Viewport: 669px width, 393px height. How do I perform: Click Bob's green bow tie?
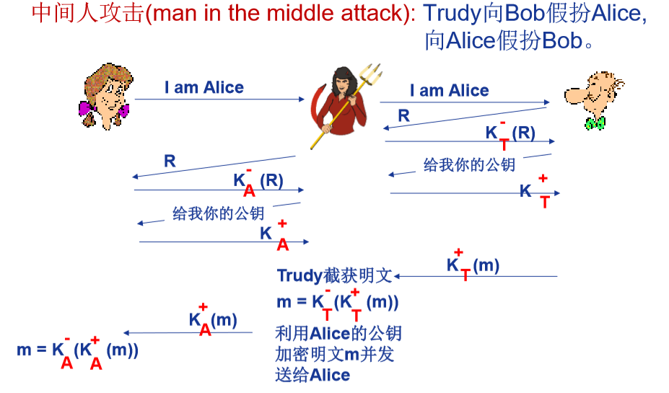(x=595, y=123)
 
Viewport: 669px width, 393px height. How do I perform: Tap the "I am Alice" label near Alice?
(x=204, y=88)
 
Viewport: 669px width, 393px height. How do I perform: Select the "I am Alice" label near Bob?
(x=449, y=91)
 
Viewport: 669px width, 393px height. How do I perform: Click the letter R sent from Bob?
(x=403, y=115)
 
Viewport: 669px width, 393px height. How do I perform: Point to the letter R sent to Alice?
(x=170, y=161)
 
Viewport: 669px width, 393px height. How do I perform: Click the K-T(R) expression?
(x=510, y=132)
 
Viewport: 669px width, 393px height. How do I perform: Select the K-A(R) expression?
(x=258, y=181)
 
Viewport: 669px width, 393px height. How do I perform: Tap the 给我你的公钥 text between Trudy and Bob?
(x=469, y=165)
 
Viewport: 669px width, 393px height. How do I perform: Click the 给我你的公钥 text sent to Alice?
(x=218, y=213)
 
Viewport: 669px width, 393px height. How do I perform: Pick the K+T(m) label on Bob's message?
(x=473, y=265)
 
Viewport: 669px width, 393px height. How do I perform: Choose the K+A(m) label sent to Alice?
(x=213, y=319)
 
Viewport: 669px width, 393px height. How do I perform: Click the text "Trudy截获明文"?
(x=334, y=275)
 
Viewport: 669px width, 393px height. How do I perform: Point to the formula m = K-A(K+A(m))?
(x=77, y=350)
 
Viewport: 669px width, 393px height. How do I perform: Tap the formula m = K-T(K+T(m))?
(x=337, y=302)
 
